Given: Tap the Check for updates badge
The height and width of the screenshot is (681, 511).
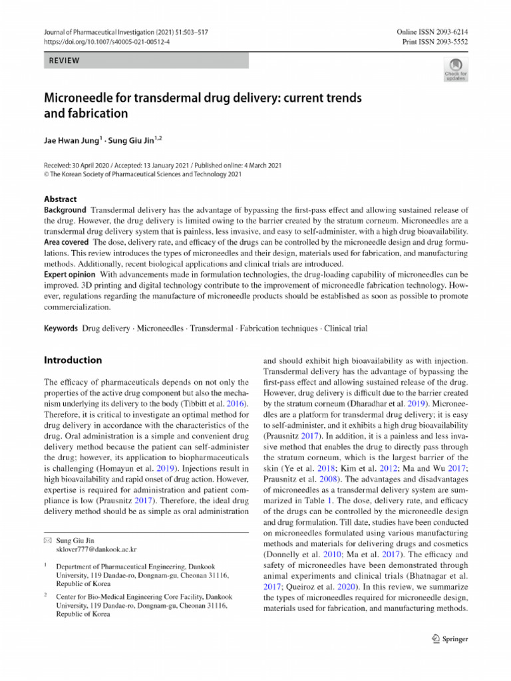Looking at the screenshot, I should pos(456,68).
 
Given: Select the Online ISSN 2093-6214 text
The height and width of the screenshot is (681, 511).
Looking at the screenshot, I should pos(433,32).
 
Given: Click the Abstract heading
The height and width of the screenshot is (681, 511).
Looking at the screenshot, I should pos(60,199).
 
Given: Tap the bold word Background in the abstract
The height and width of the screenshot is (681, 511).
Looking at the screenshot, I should pos(65,210).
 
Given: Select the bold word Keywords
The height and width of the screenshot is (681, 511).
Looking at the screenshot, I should pos(61,329).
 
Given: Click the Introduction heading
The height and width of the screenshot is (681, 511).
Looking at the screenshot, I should pos(73,360).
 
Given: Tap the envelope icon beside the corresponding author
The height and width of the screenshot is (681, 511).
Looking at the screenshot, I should pos(47,541).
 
